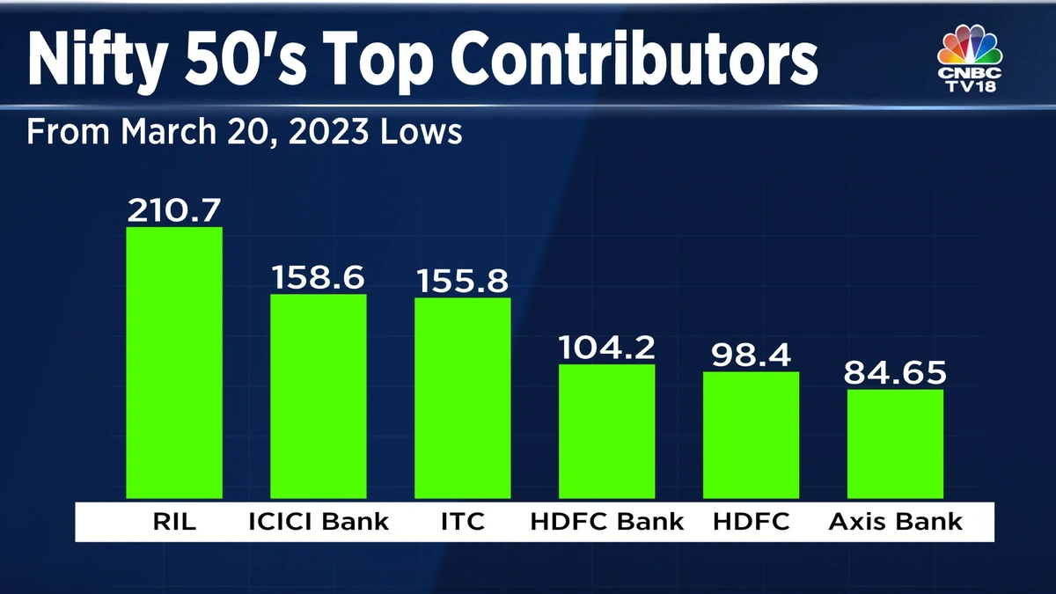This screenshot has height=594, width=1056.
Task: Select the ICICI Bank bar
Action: coord(318,396)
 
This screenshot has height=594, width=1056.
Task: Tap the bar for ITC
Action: coord(462,398)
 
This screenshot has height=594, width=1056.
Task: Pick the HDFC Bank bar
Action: coord(606,431)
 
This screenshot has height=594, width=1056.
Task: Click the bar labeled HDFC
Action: coord(751,435)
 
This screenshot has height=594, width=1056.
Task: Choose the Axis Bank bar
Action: coord(895,444)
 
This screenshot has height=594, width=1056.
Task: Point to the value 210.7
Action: coord(174,209)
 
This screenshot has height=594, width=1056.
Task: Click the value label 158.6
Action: coord(318,277)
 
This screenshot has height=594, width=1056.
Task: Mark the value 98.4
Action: coord(751,355)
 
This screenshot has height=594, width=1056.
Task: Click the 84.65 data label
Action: coord(895,373)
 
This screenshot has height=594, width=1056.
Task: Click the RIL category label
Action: coord(174,522)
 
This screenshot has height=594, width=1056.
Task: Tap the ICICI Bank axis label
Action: coord(318,522)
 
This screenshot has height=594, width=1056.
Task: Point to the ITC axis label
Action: coord(462,522)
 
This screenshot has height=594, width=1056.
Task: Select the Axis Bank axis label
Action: coord(895,522)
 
